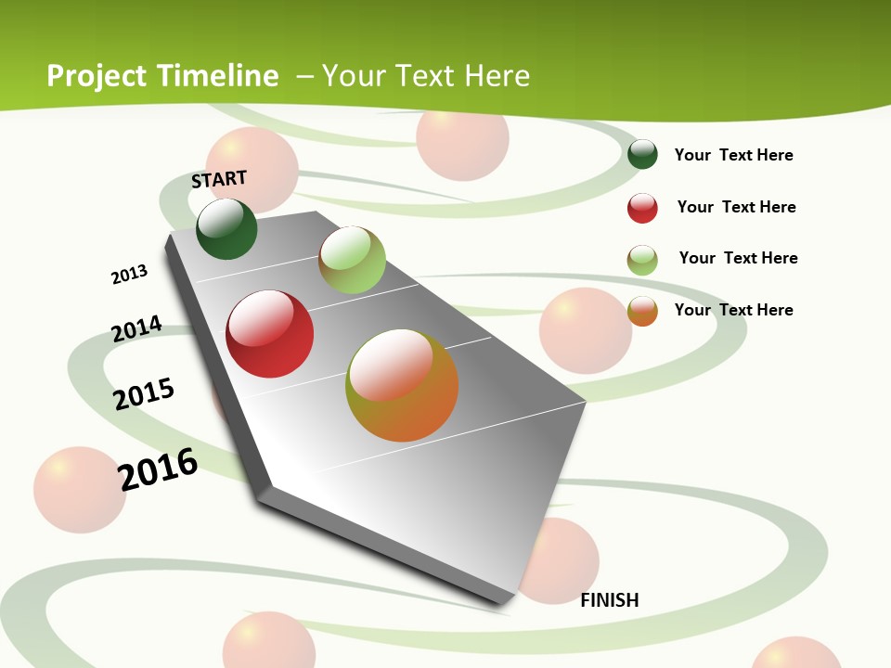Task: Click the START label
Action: pos(219,179)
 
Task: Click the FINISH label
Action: pos(609,600)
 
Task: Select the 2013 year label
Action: pos(129,275)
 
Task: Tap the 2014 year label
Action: pos(136,328)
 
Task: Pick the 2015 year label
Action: pos(144,394)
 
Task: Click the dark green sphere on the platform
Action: pos(226,229)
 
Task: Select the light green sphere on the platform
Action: pos(352,260)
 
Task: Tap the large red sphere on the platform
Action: pos(269,334)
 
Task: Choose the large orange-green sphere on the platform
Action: pos(402,385)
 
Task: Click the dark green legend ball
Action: pos(642,154)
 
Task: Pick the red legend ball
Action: pos(642,208)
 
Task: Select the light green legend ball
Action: pos(642,260)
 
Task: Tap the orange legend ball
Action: pos(642,311)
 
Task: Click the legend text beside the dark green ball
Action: pos(733,155)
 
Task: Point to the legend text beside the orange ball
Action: pos(733,310)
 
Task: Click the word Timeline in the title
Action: pos(219,76)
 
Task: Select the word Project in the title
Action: pos(97,76)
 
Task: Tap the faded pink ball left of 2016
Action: pos(80,490)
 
